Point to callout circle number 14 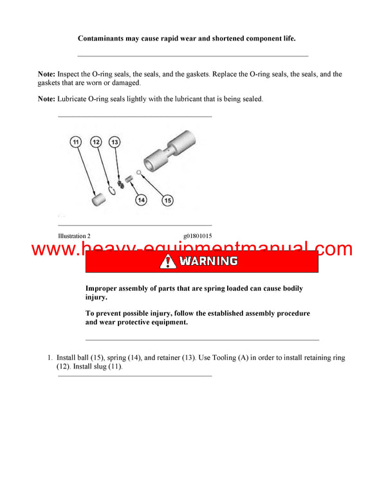click(x=142, y=200)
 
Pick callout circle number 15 click(x=167, y=200)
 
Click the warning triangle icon click(x=168, y=262)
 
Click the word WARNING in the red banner click(x=208, y=262)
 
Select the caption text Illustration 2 click(x=78, y=236)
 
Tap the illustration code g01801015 click(x=198, y=236)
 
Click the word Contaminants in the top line click(x=105, y=39)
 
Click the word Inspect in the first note click(x=71, y=75)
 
